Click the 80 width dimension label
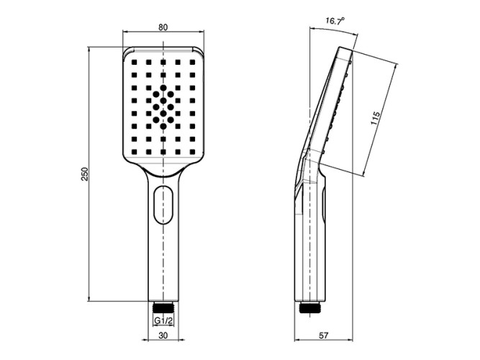point(163,27)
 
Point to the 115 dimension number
point(375,118)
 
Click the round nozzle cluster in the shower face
point(163,107)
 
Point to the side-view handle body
point(312,245)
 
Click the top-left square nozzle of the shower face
point(134,62)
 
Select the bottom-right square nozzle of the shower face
point(193,152)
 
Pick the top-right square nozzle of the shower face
point(193,62)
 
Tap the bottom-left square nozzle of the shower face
point(134,152)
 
